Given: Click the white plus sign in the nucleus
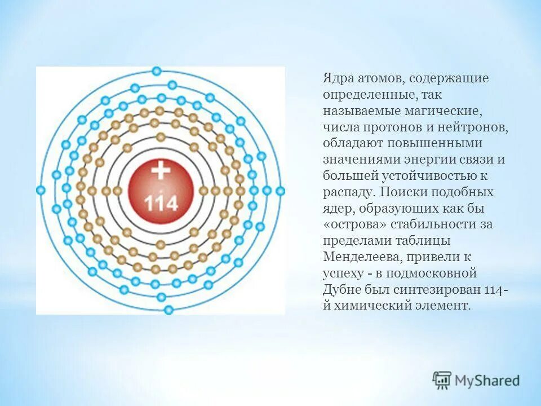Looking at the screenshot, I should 161,170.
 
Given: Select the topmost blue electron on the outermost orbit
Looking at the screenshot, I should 157,71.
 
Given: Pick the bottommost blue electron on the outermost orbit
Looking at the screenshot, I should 168,310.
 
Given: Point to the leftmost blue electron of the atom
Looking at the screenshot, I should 41,191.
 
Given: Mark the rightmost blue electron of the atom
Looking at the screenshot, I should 281,191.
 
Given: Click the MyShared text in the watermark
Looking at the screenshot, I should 487,381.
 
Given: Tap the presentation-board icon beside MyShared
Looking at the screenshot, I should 442,381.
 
